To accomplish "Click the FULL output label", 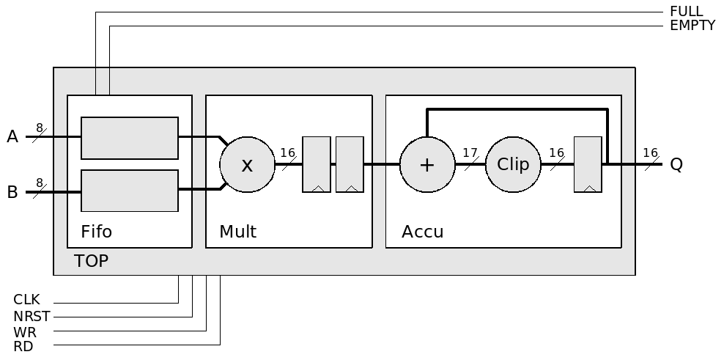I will (x=686, y=12).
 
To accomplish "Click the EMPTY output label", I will (x=692, y=26).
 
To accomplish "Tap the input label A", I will (x=12, y=137).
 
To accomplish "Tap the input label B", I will (x=12, y=193).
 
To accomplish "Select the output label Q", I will (x=676, y=165).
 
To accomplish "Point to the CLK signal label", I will (x=26, y=300).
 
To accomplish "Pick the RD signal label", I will (x=23, y=347).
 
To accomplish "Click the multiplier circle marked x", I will (x=247, y=165).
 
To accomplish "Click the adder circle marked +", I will (x=426, y=165).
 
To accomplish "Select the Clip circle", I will (x=513, y=165).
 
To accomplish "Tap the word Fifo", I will (x=97, y=232).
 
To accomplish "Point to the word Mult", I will (x=237, y=232).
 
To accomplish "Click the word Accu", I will (x=422, y=232).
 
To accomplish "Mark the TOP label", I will (x=92, y=261).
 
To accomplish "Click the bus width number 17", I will (x=470, y=153).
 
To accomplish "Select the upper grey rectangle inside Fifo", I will (x=130, y=138).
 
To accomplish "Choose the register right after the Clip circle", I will (x=588, y=165).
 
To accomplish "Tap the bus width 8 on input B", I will (x=40, y=183).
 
